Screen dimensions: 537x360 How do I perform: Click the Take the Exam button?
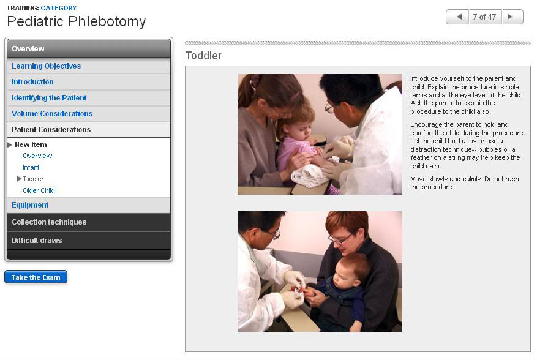tap(36, 277)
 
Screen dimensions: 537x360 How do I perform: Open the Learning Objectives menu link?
tap(47, 66)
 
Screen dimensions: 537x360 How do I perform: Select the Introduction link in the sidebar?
tap(32, 82)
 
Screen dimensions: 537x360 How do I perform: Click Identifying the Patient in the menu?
tap(49, 97)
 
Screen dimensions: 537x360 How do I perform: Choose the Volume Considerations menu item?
tap(52, 114)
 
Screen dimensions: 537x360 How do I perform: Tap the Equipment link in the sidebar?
tap(30, 205)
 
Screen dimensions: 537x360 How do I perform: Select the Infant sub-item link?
tap(31, 167)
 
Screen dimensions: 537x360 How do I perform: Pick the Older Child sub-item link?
tap(39, 190)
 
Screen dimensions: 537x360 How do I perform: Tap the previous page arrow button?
tap(457, 17)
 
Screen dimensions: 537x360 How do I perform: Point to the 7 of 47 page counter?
tap(484, 17)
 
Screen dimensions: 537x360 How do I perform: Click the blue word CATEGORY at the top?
tap(59, 8)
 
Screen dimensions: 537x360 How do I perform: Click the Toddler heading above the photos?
tap(203, 56)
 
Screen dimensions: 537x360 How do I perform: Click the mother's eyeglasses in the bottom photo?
tap(340, 239)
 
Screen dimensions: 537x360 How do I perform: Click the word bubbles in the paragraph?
tap(490, 149)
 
